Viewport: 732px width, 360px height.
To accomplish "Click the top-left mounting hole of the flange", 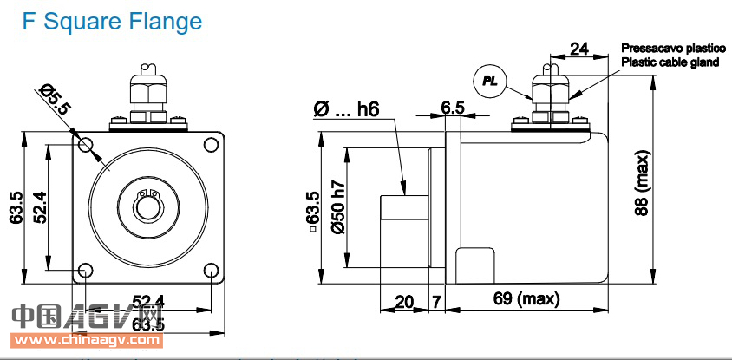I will pyautogui.click(x=85, y=145).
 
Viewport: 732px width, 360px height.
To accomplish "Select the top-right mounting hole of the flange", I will pyautogui.click(x=212, y=145).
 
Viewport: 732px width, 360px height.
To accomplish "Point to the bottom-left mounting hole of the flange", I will pyautogui.click(x=85, y=272).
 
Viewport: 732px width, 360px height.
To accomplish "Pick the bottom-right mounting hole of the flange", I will pyautogui.click(x=212, y=272).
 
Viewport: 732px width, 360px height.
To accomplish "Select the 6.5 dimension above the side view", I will pyautogui.click(x=453, y=108).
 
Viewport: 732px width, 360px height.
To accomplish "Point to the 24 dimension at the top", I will pyautogui.click(x=579, y=49).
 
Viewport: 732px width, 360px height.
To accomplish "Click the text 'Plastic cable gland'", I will pyautogui.click(x=670, y=62).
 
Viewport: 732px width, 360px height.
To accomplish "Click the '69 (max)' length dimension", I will pyautogui.click(x=526, y=299).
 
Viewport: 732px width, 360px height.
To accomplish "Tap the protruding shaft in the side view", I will pyautogui.click(x=403, y=208).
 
